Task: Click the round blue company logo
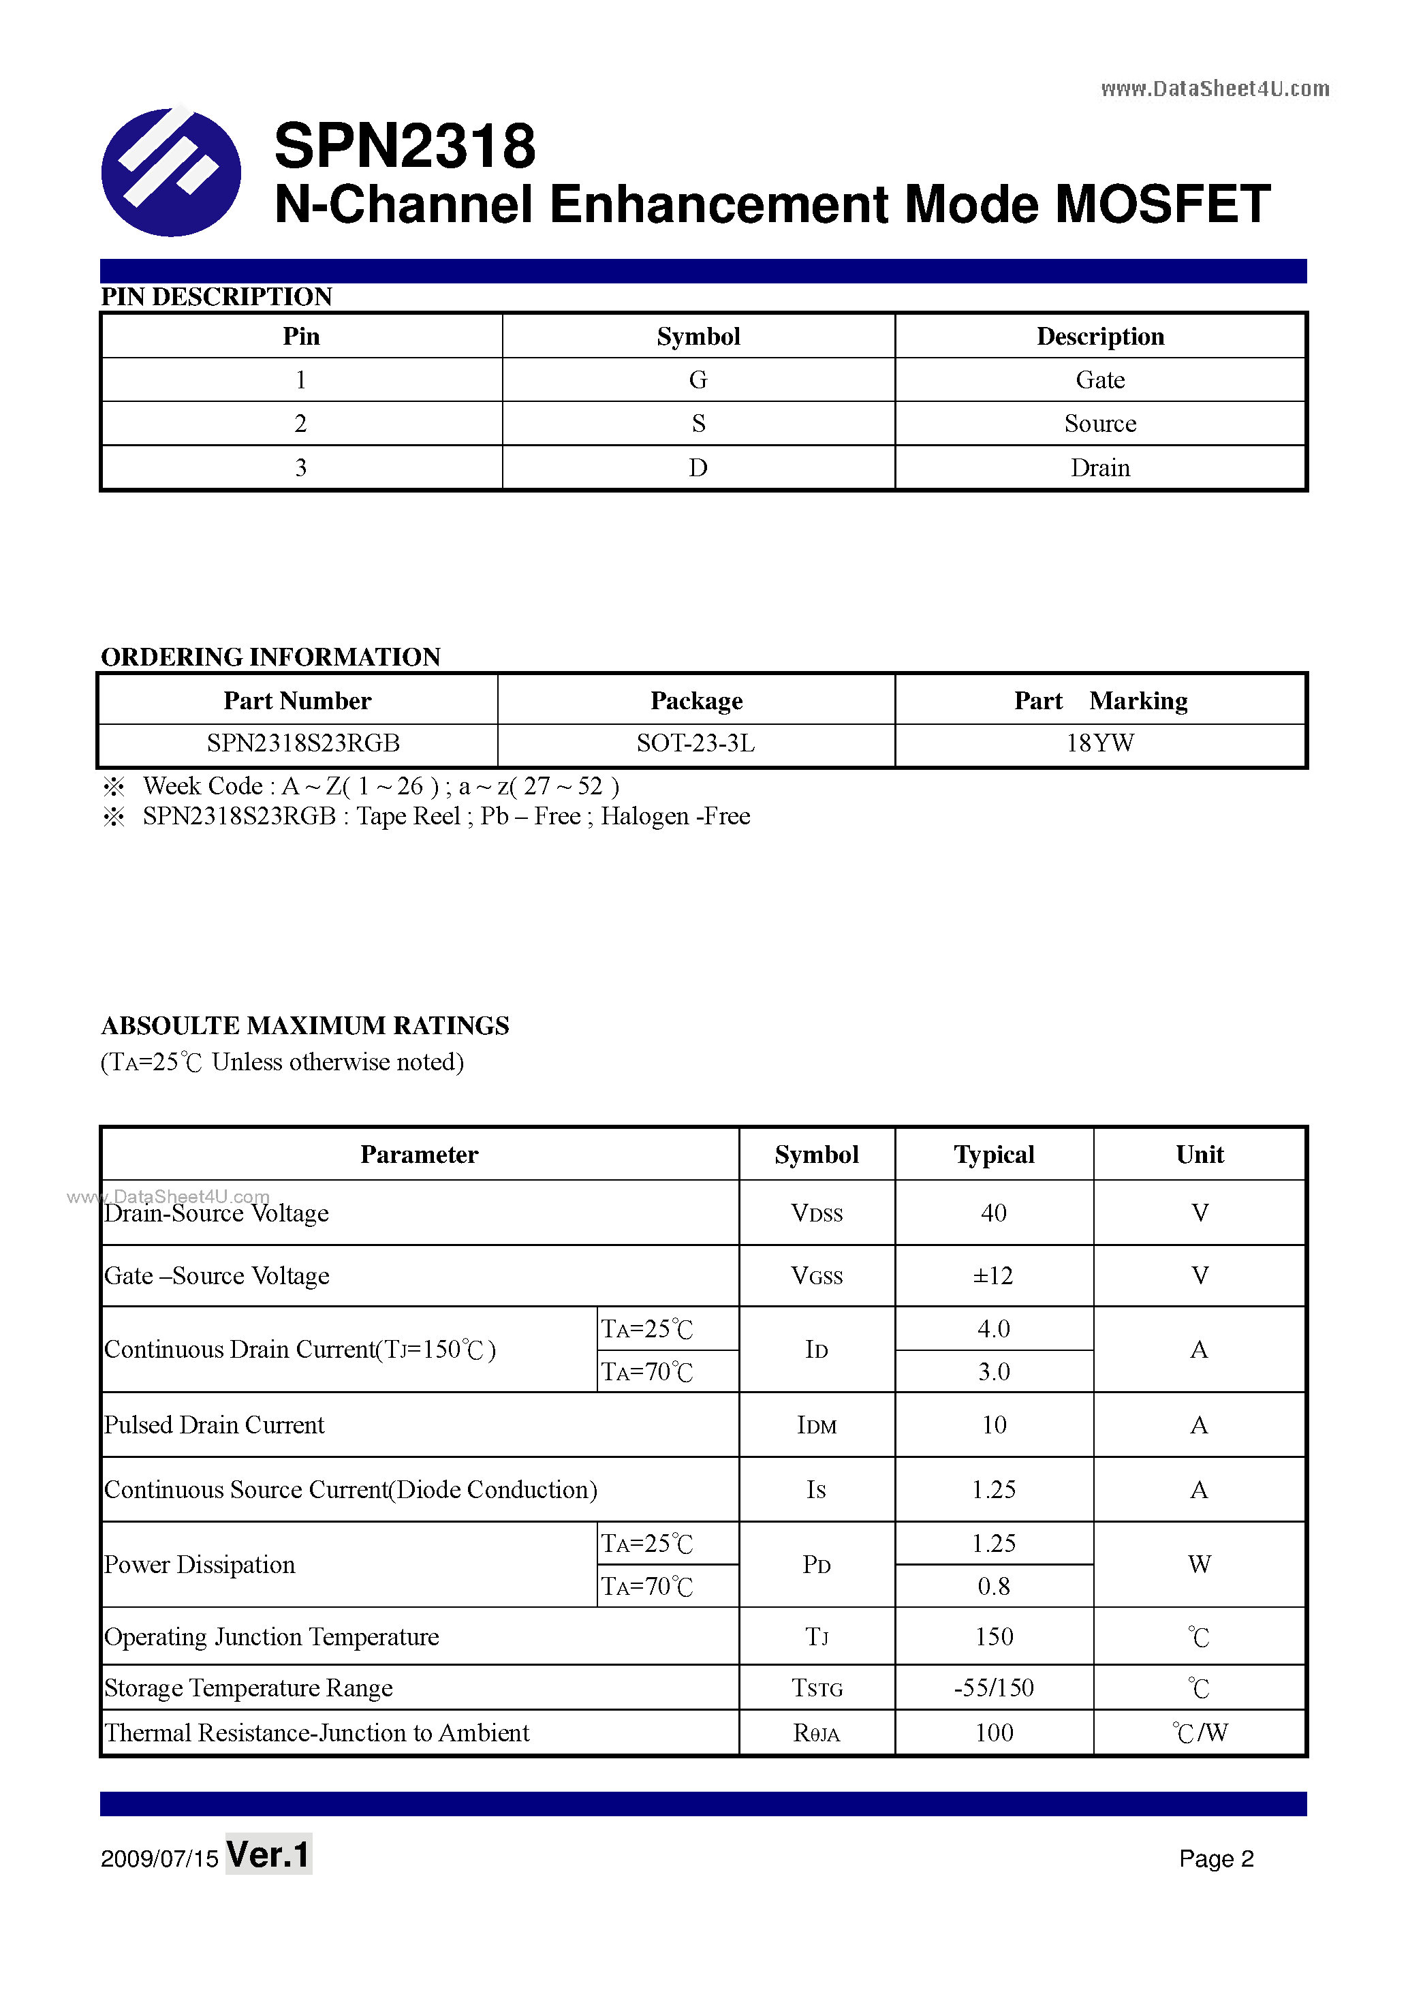point(171,172)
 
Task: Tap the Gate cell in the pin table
point(1099,380)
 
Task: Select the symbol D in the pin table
point(698,467)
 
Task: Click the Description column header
point(1099,337)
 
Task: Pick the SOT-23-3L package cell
point(695,743)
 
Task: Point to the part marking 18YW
point(1099,743)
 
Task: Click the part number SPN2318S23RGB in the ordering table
point(302,743)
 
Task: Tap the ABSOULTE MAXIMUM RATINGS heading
point(304,1025)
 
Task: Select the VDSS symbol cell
point(816,1213)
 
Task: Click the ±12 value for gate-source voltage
point(993,1275)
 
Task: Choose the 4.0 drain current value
point(993,1328)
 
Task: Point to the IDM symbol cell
point(816,1425)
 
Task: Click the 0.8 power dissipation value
point(993,1586)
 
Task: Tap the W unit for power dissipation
point(1199,1564)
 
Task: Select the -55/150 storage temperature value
point(993,1687)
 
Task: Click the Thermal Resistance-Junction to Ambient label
point(317,1732)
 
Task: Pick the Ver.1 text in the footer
point(268,1855)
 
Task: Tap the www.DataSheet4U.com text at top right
point(1214,89)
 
